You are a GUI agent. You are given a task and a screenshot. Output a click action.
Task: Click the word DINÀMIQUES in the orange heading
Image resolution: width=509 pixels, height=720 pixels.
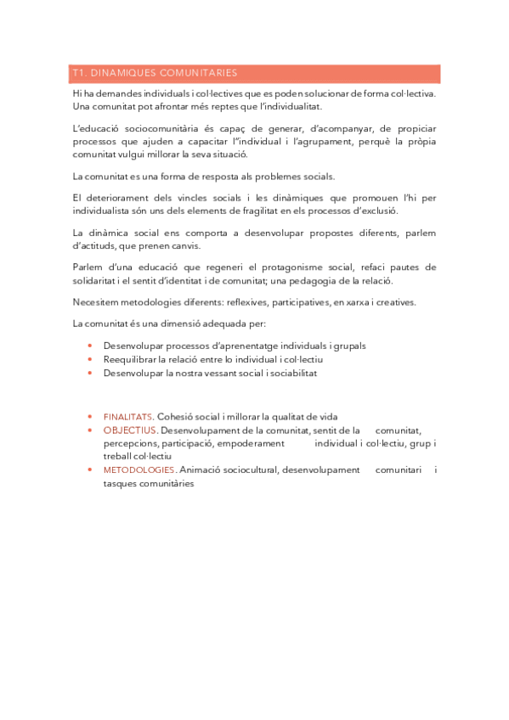(x=122, y=73)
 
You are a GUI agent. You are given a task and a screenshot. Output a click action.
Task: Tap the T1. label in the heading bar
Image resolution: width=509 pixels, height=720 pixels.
(x=81, y=73)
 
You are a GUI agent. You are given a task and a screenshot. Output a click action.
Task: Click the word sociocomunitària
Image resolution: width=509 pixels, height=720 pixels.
(x=156, y=128)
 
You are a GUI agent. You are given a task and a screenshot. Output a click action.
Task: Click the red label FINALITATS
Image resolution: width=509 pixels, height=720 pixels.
(x=128, y=417)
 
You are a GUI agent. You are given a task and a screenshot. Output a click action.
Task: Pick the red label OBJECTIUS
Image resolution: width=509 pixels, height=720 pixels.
(x=130, y=430)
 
